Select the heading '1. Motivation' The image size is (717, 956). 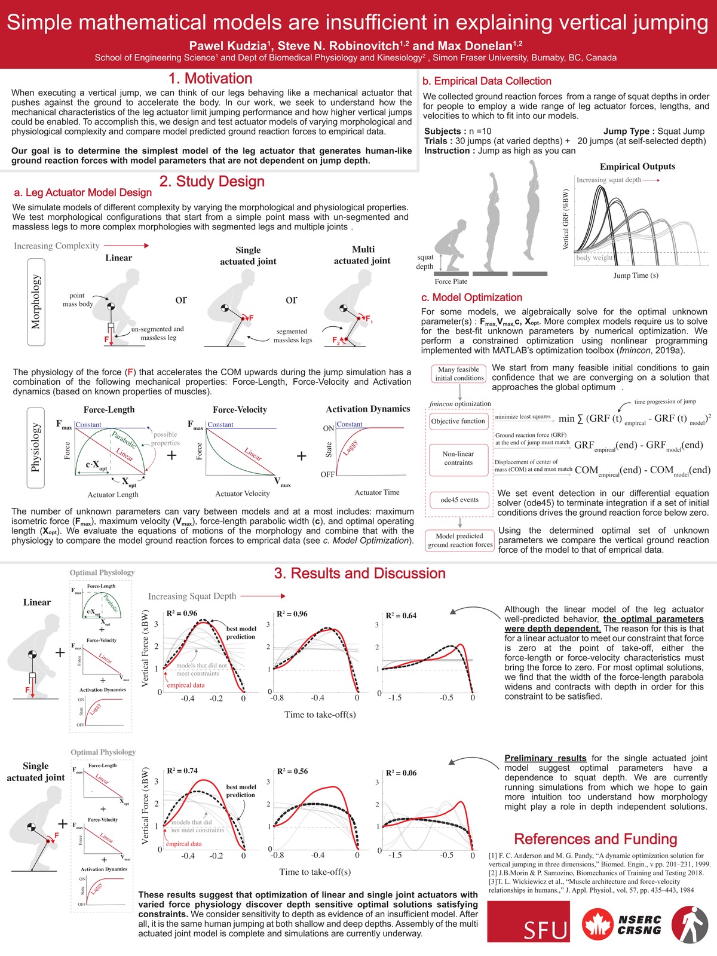[210, 79]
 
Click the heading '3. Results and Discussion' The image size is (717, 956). [360, 574]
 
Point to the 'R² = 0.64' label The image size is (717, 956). [401, 615]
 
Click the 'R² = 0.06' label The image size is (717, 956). [401, 773]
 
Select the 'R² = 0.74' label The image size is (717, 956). [182, 771]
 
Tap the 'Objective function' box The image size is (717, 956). [458, 421]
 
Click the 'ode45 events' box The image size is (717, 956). [459, 500]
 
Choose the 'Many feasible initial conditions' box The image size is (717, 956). [459, 374]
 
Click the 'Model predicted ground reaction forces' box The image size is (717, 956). [459, 540]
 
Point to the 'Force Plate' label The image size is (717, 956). [451, 281]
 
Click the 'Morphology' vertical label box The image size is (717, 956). [36, 302]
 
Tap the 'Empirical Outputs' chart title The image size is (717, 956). [637, 167]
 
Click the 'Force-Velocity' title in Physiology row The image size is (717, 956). [240, 410]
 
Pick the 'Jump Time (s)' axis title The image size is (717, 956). [636, 275]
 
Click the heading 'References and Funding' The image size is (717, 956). [595, 839]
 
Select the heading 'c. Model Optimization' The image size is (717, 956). [471, 298]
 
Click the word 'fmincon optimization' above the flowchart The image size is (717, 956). [459, 404]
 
